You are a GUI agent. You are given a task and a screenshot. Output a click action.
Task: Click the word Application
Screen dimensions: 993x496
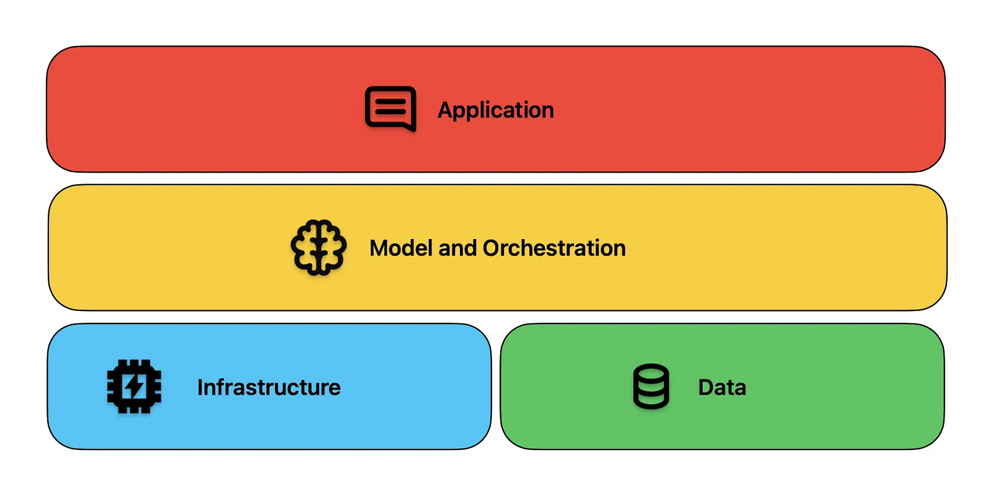(496, 110)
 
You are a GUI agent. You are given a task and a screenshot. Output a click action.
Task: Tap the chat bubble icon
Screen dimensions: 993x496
(390, 109)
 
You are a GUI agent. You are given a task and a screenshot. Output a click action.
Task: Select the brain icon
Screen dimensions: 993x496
(319, 247)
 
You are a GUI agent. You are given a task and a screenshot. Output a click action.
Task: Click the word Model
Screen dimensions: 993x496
(401, 248)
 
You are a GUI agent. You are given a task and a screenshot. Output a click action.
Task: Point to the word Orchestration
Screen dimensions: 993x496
(554, 248)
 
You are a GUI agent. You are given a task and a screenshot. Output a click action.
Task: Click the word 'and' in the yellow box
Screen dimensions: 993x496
(457, 248)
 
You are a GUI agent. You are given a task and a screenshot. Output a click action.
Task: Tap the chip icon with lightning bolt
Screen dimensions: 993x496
(134, 387)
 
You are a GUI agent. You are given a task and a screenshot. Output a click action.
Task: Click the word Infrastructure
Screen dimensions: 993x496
(269, 387)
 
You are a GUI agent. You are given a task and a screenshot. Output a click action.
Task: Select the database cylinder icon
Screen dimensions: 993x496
(651, 386)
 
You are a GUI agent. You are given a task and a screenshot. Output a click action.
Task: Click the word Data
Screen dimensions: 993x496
(722, 387)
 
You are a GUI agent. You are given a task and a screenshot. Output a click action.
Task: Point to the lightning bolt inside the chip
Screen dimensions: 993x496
(134, 387)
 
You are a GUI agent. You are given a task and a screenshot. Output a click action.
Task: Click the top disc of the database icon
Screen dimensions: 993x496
(651, 372)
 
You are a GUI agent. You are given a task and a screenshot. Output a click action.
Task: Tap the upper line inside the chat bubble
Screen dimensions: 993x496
(390, 101)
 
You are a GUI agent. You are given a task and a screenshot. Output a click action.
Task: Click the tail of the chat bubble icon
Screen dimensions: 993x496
(410, 127)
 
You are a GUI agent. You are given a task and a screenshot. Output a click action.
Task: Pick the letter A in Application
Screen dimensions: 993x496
(446, 109)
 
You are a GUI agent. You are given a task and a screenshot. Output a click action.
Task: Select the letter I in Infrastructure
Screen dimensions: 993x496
(200, 387)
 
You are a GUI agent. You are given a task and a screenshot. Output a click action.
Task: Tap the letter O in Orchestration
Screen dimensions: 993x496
(493, 248)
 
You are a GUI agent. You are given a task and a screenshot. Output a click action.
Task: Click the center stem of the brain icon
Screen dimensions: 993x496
(319, 249)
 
